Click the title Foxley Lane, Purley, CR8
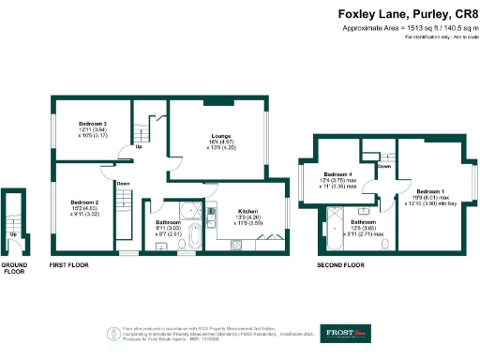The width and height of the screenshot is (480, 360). [x=408, y=15]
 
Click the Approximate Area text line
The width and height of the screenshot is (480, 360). [x=408, y=29]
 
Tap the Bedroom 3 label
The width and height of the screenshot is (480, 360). [x=92, y=124]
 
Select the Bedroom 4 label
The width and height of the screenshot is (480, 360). [x=337, y=174]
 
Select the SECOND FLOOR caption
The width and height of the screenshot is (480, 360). [x=340, y=265]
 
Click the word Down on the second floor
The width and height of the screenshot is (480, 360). [x=383, y=166]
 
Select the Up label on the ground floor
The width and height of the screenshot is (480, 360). [x=13, y=234]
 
